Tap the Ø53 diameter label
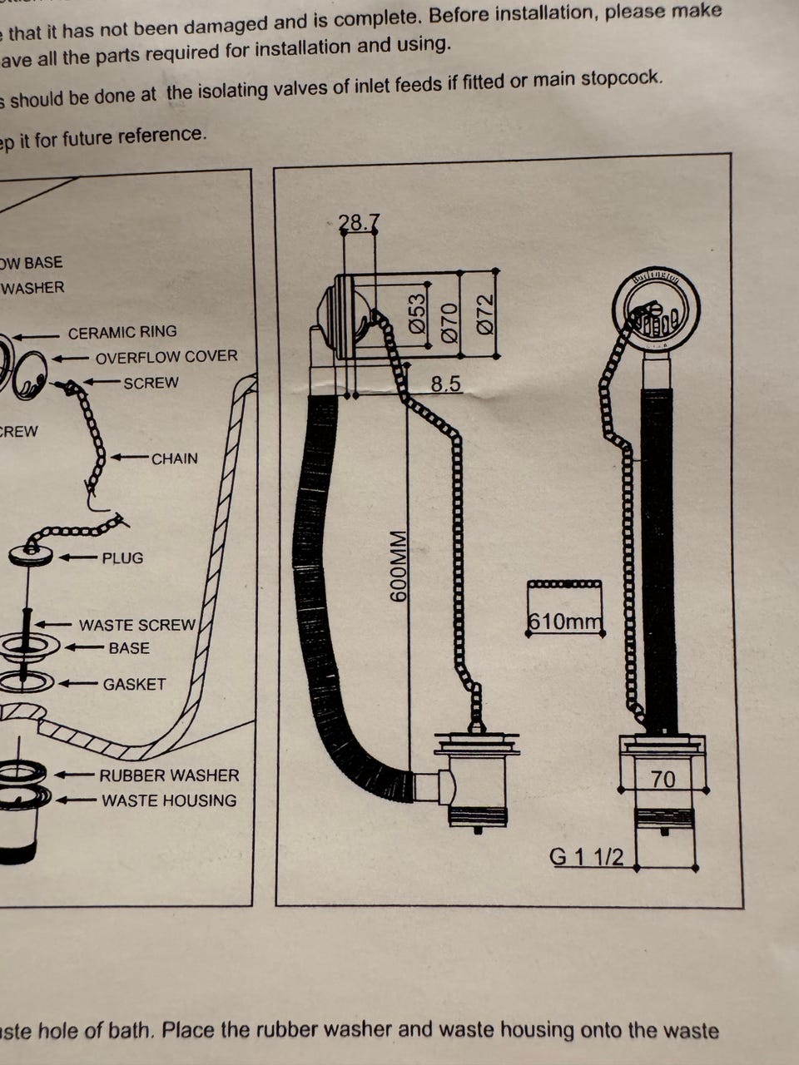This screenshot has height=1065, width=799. (418, 312)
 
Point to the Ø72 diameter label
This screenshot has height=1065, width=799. (484, 314)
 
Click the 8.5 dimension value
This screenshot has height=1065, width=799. (446, 384)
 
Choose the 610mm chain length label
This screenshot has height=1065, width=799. (564, 622)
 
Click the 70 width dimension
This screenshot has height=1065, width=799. (663, 780)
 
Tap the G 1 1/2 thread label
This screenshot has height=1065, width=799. (587, 856)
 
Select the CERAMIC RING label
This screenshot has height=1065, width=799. (122, 333)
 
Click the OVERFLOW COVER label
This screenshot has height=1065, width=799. (166, 357)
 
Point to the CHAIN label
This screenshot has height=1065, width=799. (175, 458)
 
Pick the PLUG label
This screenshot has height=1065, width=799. (122, 558)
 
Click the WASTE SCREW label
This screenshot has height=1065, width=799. (137, 625)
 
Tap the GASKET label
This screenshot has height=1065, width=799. (134, 685)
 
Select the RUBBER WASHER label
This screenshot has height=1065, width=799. (169, 775)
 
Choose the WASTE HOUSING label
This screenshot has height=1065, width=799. (169, 800)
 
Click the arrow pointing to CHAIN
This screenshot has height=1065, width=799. (129, 458)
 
